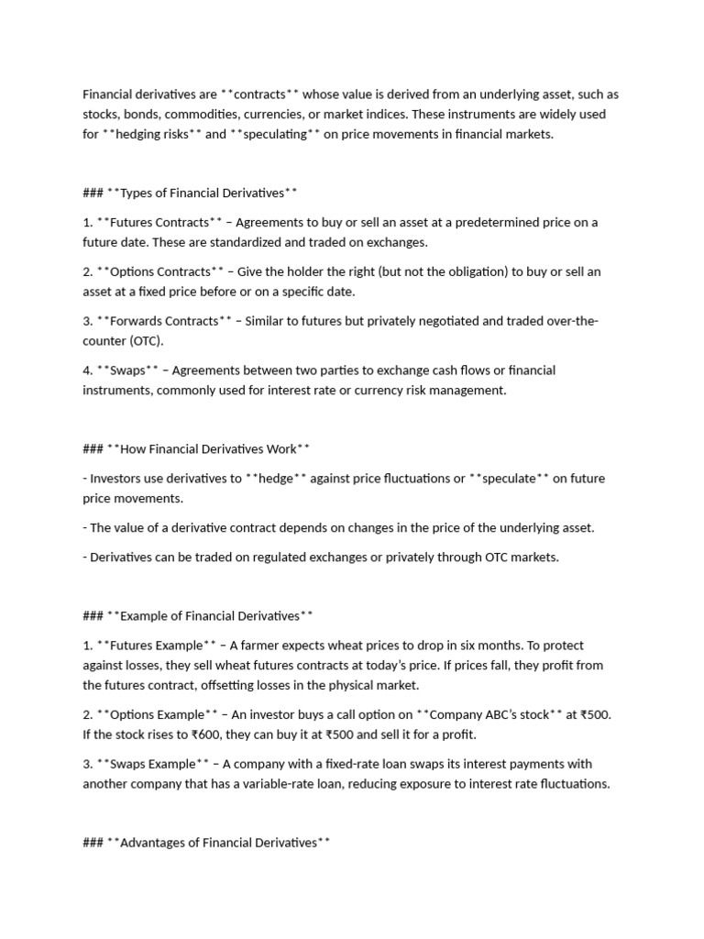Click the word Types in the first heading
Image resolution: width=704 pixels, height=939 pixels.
[138, 193]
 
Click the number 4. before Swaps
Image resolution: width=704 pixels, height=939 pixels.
[88, 370]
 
